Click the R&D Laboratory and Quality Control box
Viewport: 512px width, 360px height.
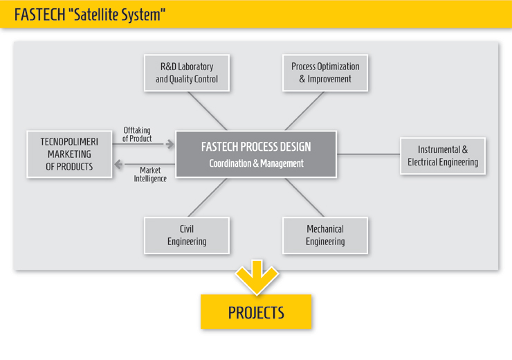click(x=187, y=73)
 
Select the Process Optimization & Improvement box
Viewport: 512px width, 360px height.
click(x=325, y=73)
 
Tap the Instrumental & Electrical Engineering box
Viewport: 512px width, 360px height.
click(x=443, y=156)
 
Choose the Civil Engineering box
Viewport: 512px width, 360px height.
click(x=187, y=235)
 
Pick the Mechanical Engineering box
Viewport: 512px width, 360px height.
click(x=325, y=235)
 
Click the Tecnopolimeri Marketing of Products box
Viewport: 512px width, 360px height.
click(x=69, y=154)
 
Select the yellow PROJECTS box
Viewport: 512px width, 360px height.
click(x=256, y=312)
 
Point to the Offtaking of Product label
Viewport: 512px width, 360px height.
click(x=137, y=134)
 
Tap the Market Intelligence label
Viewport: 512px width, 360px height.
click(x=150, y=174)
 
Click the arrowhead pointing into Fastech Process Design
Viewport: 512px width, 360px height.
click(x=170, y=144)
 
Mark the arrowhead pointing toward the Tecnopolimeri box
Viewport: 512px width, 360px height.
click(x=118, y=164)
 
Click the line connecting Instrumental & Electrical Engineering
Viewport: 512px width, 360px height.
click(x=368, y=154)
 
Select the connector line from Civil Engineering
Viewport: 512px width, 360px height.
click(x=208, y=197)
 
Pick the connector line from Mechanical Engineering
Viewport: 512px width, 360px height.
click(x=304, y=197)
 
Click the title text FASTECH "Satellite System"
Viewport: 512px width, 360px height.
click(x=90, y=15)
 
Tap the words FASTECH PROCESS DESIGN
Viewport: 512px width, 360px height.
click(x=256, y=147)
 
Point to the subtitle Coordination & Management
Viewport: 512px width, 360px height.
click(x=256, y=163)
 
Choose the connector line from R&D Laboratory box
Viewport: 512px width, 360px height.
click(x=208, y=111)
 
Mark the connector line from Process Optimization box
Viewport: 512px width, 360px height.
click(x=304, y=111)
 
